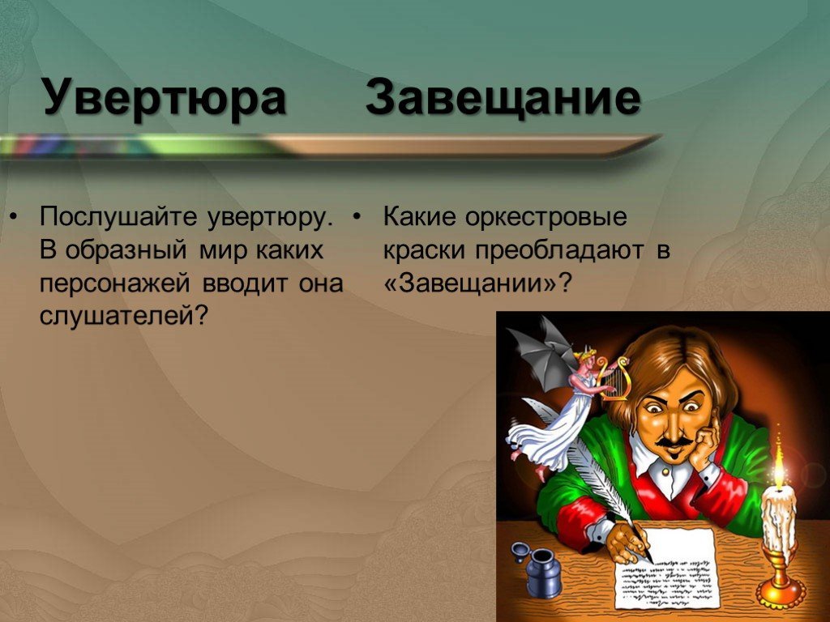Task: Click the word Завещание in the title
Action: point(503,98)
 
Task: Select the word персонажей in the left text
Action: point(114,283)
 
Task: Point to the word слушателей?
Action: point(122,317)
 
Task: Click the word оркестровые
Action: point(545,218)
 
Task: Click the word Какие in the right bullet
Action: point(419,217)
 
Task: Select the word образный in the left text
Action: point(126,250)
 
